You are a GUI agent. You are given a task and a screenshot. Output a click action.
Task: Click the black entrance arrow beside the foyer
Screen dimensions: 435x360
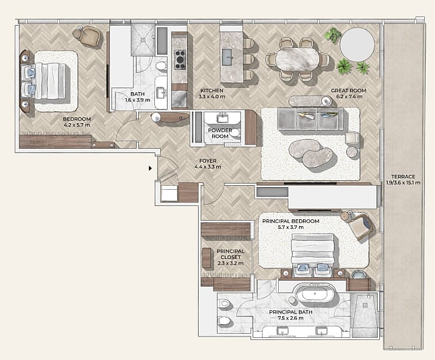click(150, 168)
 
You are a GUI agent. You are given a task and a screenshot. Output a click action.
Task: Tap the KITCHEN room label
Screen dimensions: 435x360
click(211, 90)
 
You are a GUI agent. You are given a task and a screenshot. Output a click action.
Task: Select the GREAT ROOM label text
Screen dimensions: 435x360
click(348, 90)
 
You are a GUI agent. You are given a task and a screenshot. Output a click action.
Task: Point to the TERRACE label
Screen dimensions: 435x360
click(403, 176)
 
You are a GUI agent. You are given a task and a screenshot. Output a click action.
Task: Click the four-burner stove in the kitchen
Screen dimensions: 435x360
click(180, 60)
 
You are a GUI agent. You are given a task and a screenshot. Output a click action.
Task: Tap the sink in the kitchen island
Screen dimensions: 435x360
click(228, 57)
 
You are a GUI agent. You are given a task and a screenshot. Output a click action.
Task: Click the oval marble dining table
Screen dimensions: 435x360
click(298, 60)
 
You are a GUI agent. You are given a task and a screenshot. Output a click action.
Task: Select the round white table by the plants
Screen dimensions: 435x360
click(358, 44)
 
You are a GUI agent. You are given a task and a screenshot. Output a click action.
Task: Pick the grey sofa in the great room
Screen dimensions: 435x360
click(310, 119)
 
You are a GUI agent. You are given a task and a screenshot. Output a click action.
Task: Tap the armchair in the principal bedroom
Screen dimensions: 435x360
click(360, 227)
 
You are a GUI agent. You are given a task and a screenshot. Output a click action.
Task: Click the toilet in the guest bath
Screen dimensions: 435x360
click(161, 66)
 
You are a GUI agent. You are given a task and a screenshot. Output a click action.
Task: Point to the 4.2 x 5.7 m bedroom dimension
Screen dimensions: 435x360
click(77, 125)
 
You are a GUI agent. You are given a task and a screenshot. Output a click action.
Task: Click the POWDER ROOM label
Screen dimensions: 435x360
click(220, 133)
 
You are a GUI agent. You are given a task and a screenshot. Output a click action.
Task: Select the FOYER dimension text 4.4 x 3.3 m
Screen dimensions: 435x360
click(208, 167)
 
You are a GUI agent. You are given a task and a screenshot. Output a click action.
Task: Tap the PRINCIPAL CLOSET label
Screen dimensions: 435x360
click(230, 254)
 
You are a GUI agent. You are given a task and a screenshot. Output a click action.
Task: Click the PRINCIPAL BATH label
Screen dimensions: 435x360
click(291, 312)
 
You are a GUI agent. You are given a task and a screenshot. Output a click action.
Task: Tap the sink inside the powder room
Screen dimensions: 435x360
click(223, 118)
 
